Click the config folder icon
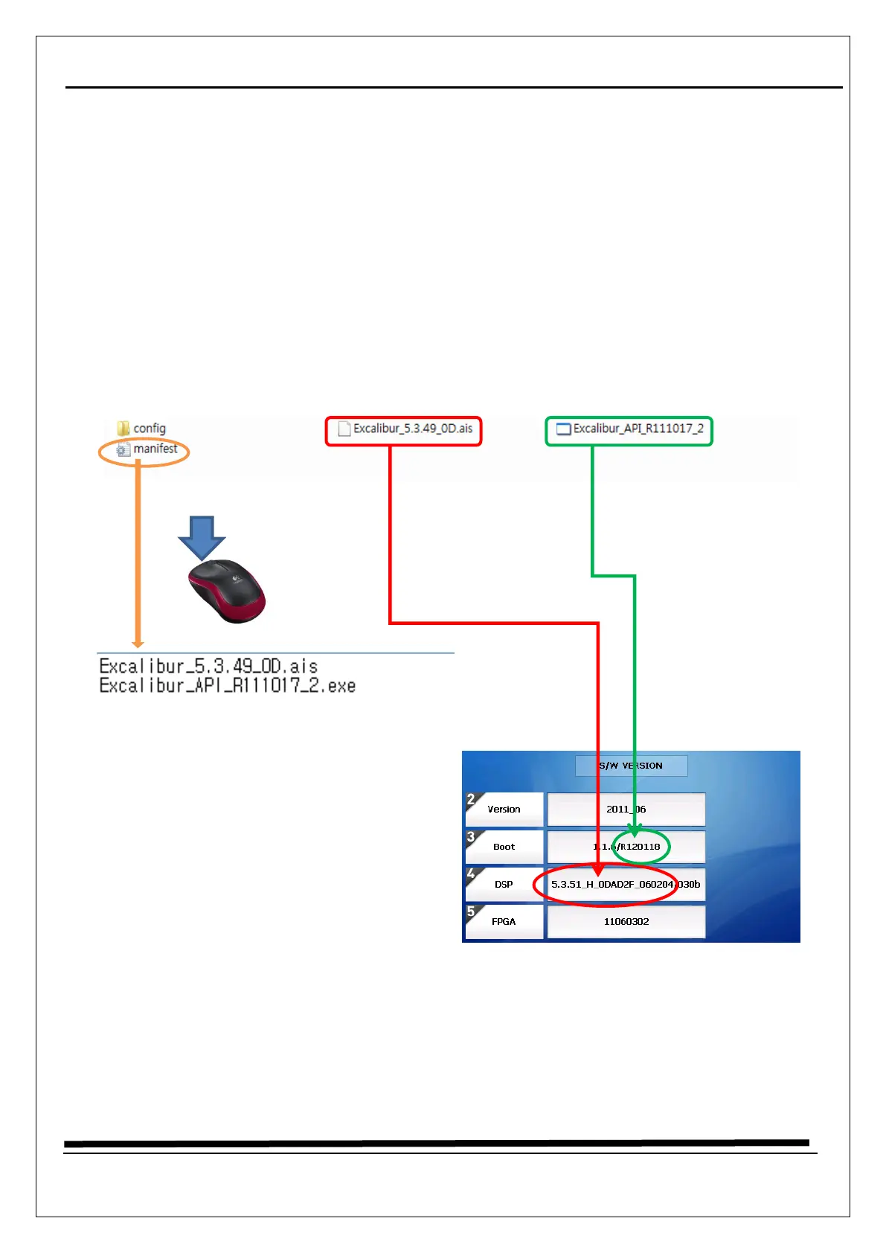tap(123, 429)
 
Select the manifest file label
tap(155, 449)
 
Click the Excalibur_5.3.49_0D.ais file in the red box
tap(412, 429)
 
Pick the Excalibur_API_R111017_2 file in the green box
tap(638, 429)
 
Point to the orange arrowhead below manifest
tap(138, 643)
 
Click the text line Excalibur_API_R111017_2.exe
tap(228, 686)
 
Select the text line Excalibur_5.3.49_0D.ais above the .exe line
tap(209, 666)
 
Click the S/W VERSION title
tap(631, 766)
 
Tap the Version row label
tap(504, 810)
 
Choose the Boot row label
tap(504, 847)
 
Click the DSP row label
tap(504, 885)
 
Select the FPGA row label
tap(504, 922)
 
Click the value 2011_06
tap(626, 810)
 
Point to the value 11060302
tap(626, 922)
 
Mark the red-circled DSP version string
tap(625, 885)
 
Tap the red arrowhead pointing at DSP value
tap(598, 870)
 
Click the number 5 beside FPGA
tap(471, 911)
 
